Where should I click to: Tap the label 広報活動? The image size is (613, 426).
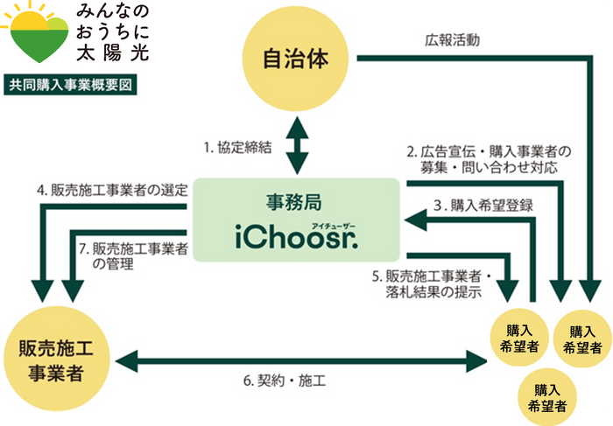click(x=450, y=39)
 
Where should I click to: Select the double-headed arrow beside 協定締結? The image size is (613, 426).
click(x=298, y=148)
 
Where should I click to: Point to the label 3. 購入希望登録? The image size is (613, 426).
click(x=483, y=206)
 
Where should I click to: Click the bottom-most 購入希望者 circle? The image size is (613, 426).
click(x=546, y=397)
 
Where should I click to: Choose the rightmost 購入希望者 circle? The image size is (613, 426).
click(x=582, y=339)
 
